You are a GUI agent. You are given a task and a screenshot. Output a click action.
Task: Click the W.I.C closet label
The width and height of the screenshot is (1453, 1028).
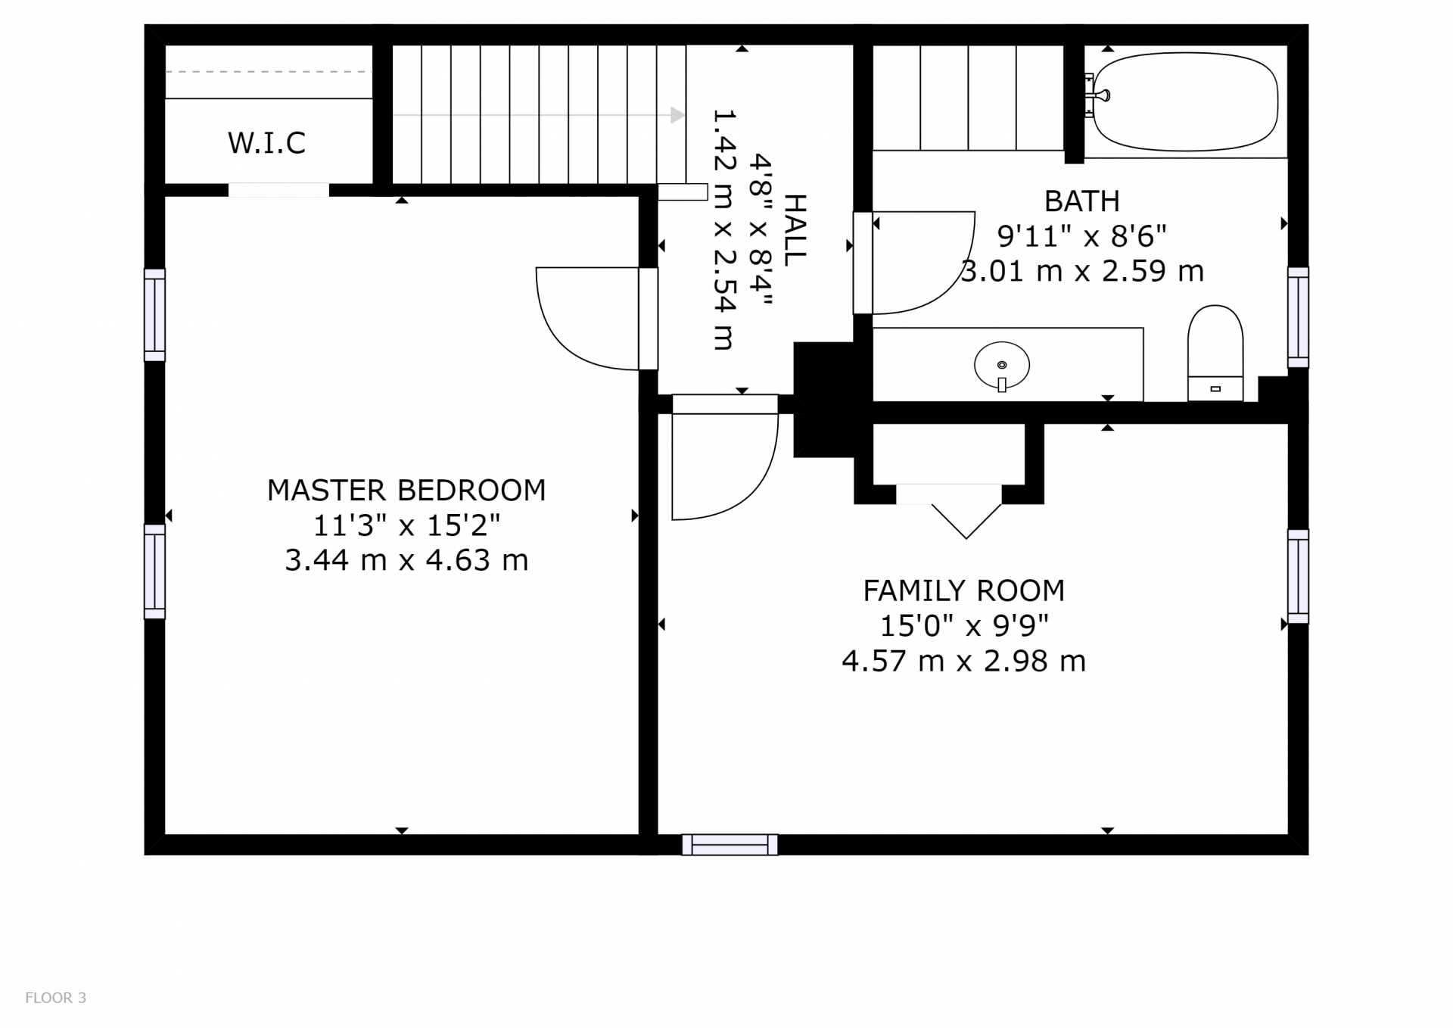(x=266, y=142)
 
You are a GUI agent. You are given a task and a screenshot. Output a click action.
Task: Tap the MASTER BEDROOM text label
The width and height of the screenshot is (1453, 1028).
(x=406, y=491)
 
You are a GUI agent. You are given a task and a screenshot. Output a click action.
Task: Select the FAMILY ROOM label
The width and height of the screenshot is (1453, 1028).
(x=964, y=590)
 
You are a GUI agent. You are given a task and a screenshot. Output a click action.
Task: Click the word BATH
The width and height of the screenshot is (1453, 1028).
(x=1082, y=201)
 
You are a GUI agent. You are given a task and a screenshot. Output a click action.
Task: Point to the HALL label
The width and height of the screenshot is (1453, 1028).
(x=795, y=230)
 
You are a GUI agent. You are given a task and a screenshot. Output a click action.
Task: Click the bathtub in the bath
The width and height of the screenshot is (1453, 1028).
(x=1185, y=101)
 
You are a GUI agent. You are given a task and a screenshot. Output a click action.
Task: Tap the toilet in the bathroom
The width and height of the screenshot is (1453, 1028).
(x=1215, y=353)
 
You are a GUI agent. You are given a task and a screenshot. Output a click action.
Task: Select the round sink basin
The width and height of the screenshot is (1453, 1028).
(x=1002, y=365)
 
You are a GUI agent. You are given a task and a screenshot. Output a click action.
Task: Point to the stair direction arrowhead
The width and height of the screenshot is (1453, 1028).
(x=677, y=115)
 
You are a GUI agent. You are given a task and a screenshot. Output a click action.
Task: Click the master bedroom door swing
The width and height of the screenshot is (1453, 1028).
(x=587, y=318)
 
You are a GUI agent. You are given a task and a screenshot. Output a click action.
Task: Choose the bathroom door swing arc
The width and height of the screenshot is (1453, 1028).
(x=923, y=263)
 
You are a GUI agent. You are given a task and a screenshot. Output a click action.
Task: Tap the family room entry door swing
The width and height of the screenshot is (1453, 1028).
(x=725, y=466)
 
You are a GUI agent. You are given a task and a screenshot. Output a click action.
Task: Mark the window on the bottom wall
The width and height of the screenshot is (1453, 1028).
(x=730, y=845)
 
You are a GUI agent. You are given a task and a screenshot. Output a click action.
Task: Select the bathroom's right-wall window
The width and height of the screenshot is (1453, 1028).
(x=1298, y=317)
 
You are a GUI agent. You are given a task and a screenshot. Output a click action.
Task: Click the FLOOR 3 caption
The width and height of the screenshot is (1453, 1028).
(x=56, y=998)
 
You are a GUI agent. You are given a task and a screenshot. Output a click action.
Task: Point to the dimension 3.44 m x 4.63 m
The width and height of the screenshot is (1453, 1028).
(x=406, y=560)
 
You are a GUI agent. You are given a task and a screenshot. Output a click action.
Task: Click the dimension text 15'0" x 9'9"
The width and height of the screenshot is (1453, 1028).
(x=964, y=625)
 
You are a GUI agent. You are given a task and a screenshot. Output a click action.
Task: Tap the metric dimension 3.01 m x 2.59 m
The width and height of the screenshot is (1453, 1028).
(x=1082, y=271)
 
